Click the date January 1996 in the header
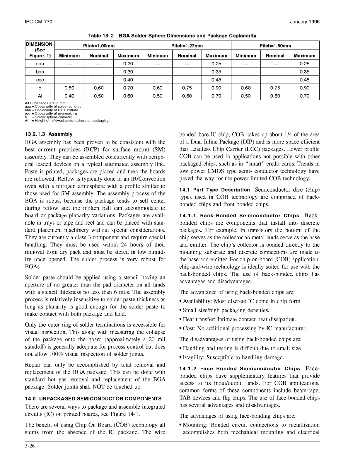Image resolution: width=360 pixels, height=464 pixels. click(305, 22)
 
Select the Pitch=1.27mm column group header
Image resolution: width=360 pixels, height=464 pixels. click(187, 46)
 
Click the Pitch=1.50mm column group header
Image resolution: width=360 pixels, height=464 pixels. click(275, 46)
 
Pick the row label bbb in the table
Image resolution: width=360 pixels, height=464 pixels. click(40, 72)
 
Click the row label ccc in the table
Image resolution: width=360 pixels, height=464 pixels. click(40, 80)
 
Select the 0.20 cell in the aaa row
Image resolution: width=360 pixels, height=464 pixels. click(128, 64)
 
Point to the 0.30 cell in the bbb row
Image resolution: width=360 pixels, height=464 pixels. click(128, 72)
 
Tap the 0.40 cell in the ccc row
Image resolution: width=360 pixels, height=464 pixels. click(128, 80)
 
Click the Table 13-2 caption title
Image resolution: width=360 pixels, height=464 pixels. click(172, 36)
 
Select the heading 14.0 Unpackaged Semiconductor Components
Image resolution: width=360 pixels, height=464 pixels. click(93, 399)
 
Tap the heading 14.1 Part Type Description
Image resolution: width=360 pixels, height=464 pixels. click(214, 190)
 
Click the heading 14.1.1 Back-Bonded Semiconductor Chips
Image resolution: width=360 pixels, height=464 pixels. click(239, 216)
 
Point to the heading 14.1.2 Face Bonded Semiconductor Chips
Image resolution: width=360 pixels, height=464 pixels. click(240, 369)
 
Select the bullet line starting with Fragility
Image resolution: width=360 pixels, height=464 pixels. click(233, 357)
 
